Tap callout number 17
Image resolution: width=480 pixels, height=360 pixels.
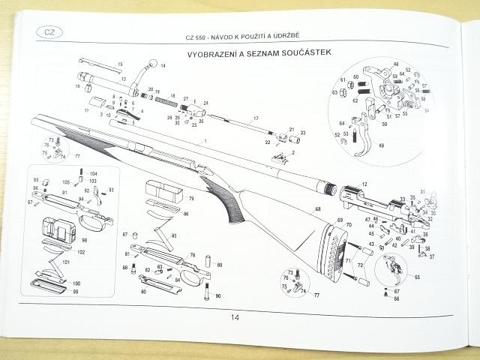coord(255,119)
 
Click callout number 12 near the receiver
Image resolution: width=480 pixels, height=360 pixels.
coord(365,184)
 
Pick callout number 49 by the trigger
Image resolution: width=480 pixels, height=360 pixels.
coord(381,145)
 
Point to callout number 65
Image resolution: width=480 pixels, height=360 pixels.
coord(417,277)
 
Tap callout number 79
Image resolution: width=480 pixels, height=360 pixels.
coord(191,199)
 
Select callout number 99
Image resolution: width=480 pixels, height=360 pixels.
coord(75,290)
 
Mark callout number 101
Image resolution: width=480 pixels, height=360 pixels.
coord(66,262)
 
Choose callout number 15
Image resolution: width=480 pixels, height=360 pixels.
coord(120,65)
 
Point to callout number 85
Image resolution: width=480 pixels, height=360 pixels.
coord(174,236)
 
